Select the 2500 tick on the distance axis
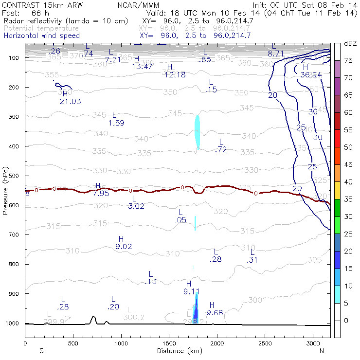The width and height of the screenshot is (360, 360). click(265, 343)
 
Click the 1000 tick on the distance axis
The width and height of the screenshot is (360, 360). click(120, 343)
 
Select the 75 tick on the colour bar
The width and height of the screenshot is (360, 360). click(349, 60)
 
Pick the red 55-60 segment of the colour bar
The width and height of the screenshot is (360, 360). click(337, 121)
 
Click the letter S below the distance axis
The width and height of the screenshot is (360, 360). click(41, 350)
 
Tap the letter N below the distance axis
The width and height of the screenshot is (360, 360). click(322, 350)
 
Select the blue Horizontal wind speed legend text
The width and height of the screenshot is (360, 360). click(41, 36)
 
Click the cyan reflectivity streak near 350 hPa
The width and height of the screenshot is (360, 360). click(197, 131)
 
